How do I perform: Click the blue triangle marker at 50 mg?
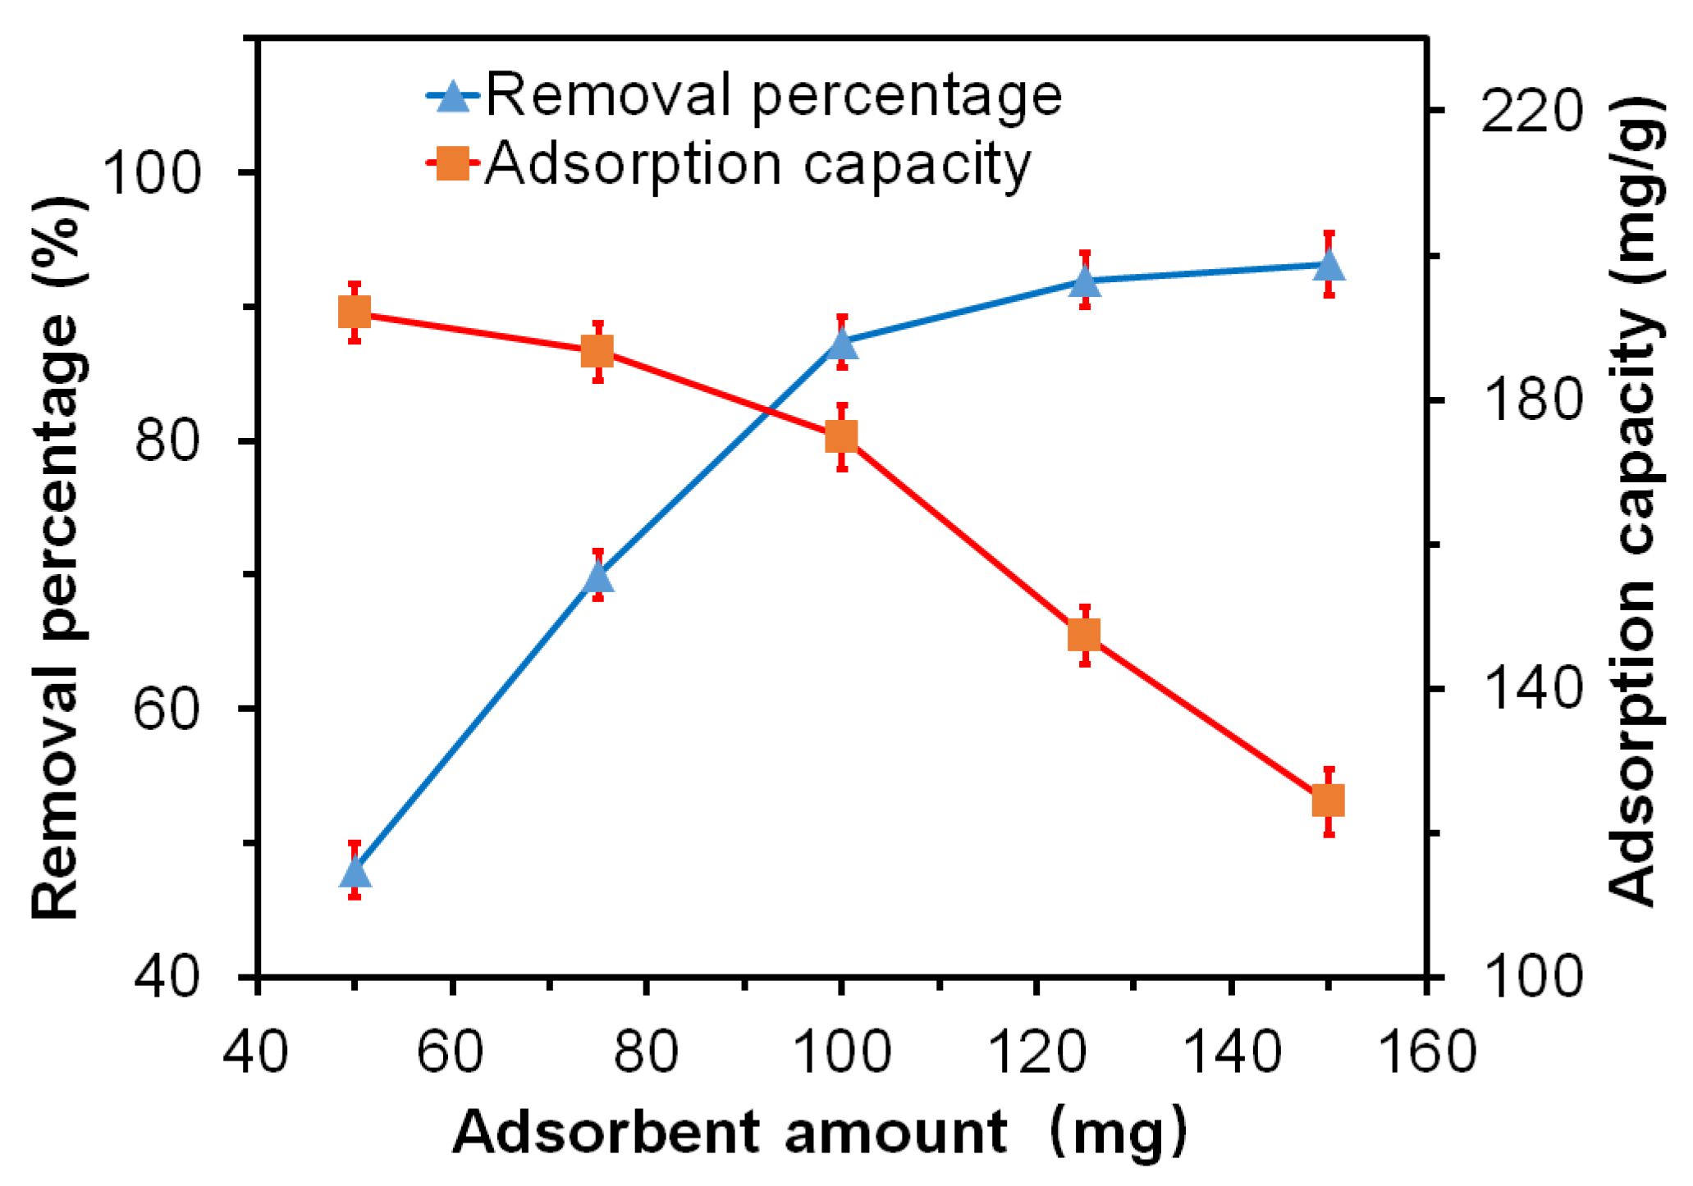pos(355,873)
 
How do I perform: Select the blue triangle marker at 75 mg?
pos(598,577)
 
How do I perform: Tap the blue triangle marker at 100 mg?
pos(842,344)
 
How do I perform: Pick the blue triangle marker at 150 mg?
pos(1329,266)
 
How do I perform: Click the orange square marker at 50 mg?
pos(355,312)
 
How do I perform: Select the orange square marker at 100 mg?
pos(842,437)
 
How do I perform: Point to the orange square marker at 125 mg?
pos(1085,636)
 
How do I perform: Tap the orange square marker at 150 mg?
pos(1329,801)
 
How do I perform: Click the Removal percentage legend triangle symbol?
pos(452,97)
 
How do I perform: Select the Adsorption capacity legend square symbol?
pos(452,163)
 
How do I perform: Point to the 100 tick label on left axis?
pos(153,173)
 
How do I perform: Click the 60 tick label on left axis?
pos(167,708)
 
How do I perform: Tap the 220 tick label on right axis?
pos(1531,112)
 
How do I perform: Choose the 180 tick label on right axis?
pos(1531,400)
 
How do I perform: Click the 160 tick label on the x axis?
pos(1428,1051)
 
